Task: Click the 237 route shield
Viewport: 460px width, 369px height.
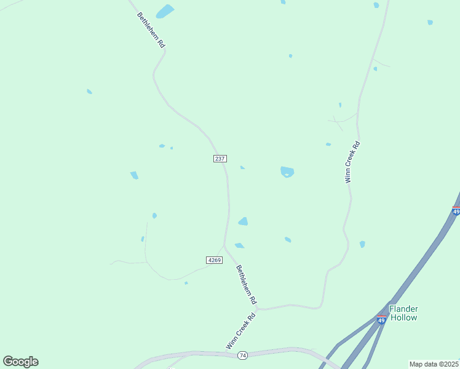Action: (220, 159)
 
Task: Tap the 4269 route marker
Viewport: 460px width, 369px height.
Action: (215, 260)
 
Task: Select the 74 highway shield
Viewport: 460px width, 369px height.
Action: (243, 355)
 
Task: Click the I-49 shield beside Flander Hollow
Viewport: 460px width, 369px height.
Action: (382, 320)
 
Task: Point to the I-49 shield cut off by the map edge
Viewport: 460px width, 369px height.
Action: (456, 211)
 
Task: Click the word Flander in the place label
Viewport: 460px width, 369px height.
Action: (403, 309)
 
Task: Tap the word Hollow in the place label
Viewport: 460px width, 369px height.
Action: (403, 317)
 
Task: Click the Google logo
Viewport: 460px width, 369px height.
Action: (20, 362)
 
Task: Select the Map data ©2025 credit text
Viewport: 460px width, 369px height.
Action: (434, 364)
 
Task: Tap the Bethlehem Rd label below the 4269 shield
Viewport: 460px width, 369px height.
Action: (245, 285)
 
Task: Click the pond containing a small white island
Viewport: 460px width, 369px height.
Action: (287, 172)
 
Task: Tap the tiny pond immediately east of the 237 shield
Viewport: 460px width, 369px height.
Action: (242, 167)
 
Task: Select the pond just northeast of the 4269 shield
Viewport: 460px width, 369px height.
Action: (239, 245)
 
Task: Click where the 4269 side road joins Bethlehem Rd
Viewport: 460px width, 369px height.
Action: (224, 246)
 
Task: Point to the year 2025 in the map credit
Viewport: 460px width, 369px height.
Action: (451, 364)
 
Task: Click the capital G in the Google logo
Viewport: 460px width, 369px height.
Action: (8, 362)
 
